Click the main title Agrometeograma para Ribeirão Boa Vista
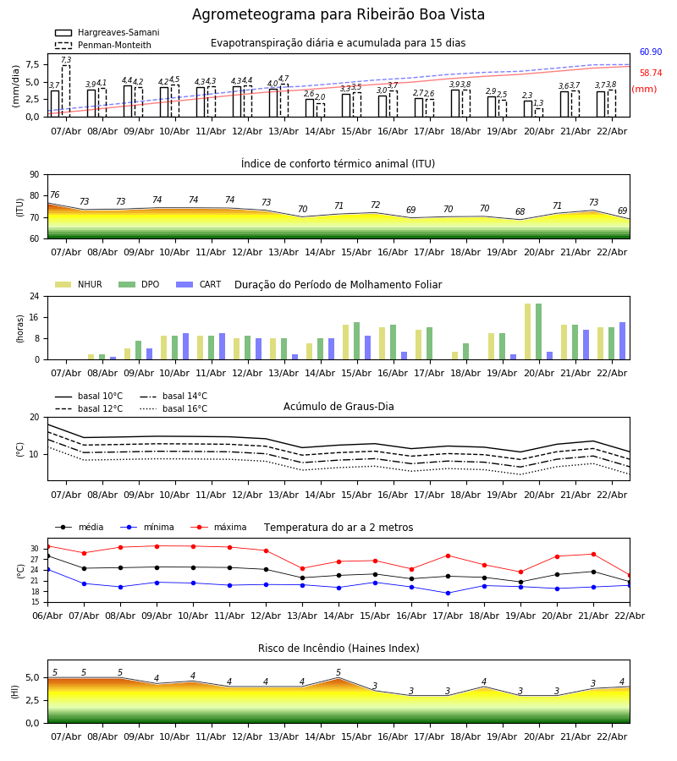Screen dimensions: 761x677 tap(338, 15)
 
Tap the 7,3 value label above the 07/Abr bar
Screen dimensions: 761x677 tap(66, 61)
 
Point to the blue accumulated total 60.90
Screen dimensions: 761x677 tap(650, 52)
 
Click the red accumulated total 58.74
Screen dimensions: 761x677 tap(650, 74)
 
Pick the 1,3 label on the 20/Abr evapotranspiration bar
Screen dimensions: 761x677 tap(538, 103)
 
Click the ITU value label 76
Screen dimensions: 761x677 tap(54, 195)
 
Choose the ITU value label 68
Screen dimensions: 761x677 tap(520, 212)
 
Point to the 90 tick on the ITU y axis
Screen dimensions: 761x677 tap(34, 174)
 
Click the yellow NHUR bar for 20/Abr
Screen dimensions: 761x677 tap(527, 331)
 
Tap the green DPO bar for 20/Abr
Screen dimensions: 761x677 tap(538, 331)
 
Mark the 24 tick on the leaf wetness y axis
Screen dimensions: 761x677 tap(34, 297)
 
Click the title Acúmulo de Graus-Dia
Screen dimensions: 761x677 tap(338, 407)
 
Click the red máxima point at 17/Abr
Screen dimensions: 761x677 tap(448, 556)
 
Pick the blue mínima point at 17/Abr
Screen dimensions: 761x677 tap(448, 593)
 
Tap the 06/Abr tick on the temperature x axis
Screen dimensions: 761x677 tap(47, 615)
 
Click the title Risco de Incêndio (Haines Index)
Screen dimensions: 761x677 tap(338, 649)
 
